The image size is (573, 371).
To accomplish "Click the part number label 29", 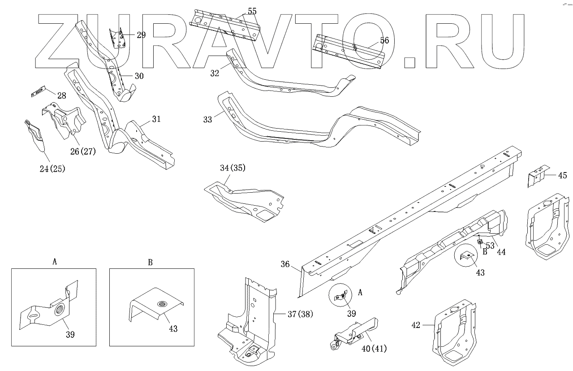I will coord(141,35).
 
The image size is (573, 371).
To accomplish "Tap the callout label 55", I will coord(252,11).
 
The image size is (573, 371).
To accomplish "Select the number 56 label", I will coord(384,40).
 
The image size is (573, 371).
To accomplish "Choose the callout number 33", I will coord(207,120).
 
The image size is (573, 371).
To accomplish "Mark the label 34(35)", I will coord(233,168).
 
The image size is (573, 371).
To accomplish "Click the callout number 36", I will coord(285,264).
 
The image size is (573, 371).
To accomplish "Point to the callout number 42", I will coord(416,325).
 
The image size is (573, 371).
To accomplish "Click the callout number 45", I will coord(562,175).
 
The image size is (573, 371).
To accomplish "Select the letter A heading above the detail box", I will coord(55,262).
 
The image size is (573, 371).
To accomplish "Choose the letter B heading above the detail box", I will coord(151,262).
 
